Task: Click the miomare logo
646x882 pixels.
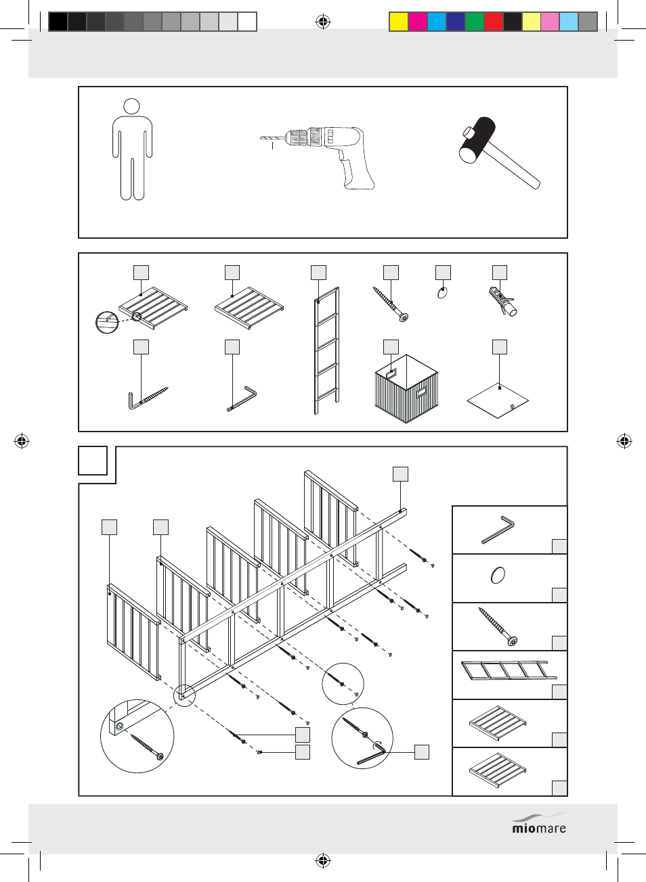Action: [539, 825]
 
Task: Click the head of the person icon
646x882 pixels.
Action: [132, 106]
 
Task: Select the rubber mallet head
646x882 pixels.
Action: [479, 139]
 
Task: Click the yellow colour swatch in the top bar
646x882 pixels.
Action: [399, 22]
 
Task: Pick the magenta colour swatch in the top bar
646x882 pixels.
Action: [418, 22]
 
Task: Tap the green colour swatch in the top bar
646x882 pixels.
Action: [475, 22]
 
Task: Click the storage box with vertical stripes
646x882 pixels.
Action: [406, 391]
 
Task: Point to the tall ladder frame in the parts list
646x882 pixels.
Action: [326, 350]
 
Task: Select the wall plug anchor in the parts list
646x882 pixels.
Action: [502, 301]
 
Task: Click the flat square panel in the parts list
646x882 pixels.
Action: [498, 400]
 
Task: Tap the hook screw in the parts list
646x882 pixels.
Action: [148, 398]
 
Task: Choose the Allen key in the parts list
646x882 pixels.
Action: [242, 399]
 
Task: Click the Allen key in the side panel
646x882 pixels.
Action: [498, 530]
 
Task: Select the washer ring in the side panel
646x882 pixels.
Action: [498, 575]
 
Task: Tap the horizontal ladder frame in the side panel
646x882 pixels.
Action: [508, 671]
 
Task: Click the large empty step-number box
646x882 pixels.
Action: [93, 461]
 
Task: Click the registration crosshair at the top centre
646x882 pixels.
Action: [323, 22]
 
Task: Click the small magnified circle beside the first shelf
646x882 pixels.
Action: [107, 322]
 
